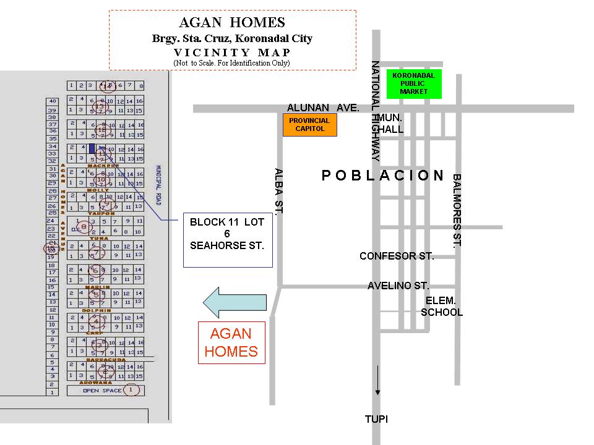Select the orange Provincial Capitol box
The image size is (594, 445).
[309, 125]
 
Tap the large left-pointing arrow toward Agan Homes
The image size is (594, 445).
[236, 302]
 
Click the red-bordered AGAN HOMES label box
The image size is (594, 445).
[231, 342]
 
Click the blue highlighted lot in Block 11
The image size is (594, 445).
[92, 148]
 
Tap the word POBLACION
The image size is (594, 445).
[383, 176]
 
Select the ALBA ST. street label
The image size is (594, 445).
[279, 191]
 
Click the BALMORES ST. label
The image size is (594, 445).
[457, 210]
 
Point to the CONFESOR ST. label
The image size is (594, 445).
[397, 256]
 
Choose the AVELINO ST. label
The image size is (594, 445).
[398, 286]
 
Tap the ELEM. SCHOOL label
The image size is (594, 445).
[442, 307]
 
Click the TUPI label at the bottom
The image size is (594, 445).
[376, 419]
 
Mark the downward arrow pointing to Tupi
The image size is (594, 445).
[377, 380]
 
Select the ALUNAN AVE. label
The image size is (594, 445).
[322, 108]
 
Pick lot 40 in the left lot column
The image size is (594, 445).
[53, 101]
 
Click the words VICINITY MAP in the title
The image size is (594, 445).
[232, 52]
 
